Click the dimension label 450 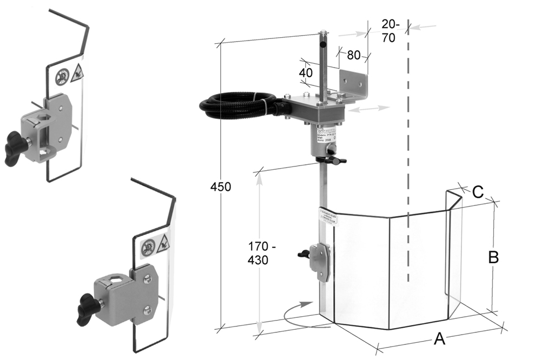(x=221, y=187)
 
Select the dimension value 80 (x=354, y=55)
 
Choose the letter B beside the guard (x=493, y=257)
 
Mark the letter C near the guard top (x=478, y=191)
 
